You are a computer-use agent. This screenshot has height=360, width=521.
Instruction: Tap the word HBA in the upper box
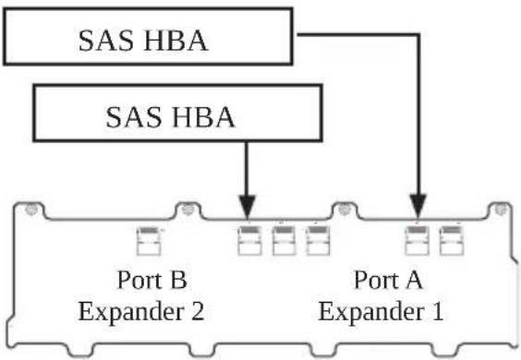[x=176, y=41]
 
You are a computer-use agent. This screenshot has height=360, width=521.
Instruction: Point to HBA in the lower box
[x=203, y=117]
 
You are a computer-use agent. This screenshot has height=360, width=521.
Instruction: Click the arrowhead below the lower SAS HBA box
[x=247, y=208]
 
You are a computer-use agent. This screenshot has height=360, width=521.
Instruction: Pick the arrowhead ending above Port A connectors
[x=418, y=208]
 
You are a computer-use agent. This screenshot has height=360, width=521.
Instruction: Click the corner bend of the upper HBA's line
[x=418, y=34]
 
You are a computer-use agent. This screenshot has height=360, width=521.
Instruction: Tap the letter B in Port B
[x=178, y=280]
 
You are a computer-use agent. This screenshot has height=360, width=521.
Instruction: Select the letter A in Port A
[x=414, y=280]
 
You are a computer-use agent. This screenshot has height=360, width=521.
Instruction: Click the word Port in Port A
[x=377, y=280]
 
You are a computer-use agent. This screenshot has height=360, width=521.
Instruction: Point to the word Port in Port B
[x=140, y=280]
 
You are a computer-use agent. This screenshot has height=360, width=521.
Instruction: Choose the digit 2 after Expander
[x=198, y=311]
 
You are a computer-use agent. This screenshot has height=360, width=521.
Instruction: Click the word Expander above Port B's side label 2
[x=131, y=313]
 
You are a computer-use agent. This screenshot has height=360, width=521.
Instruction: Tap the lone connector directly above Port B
[x=149, y=241]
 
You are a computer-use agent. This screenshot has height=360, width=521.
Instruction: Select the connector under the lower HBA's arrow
[x=249, y=241]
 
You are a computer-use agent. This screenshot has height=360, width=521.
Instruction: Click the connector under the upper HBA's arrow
[x=418, y=241]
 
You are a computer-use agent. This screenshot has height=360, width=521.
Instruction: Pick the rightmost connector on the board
[x=451, y=241]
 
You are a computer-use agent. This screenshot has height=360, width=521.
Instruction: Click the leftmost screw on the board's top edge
[x=30, y=210]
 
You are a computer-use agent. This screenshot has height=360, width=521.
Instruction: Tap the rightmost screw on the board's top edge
[x=500, y=210]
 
